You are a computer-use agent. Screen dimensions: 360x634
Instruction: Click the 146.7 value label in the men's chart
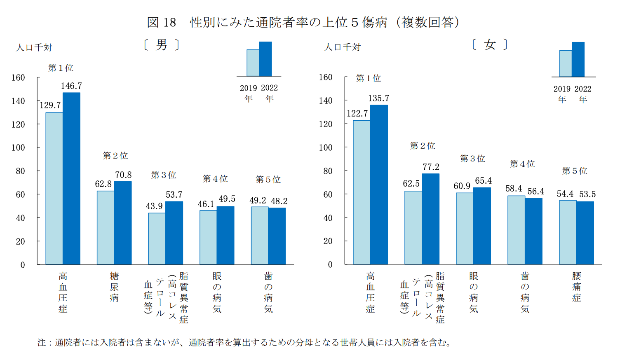click(x=71, y=86)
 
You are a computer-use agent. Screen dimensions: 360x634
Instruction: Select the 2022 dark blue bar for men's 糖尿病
click(x=123, y=223)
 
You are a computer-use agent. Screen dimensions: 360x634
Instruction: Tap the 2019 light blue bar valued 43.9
click(x=157, y=238)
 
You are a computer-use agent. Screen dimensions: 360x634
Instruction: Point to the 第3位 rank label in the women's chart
click(x=472, y=159)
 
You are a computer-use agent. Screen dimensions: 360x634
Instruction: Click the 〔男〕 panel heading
click(x=162, y=45)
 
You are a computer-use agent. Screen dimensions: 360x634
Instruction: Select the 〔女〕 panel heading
click(x=489, y=44)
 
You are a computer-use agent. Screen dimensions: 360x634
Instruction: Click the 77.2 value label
click(x=431, y=167)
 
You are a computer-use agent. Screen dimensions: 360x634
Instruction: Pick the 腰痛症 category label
click(x=576, y=287)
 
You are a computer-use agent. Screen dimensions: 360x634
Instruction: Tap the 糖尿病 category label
click(x=114, y=287)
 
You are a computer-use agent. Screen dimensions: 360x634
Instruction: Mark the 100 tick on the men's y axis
click(x=18, y=147)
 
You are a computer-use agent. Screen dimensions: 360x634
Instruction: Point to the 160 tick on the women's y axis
click(x=326, y=77)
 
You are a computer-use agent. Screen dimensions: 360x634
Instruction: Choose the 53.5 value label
click(x=587, y=194)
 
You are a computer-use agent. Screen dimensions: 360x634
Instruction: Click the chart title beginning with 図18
click(x=303, y=22)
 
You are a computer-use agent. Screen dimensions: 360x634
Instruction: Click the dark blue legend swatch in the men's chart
click(x=265, y=59)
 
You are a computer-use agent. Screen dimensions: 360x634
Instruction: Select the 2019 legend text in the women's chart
click(x=562, y=89)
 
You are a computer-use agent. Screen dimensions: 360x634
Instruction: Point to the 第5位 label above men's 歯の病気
click(x=268, y=180)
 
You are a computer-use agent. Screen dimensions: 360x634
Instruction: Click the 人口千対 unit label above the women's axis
click(x=342, y=47)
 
